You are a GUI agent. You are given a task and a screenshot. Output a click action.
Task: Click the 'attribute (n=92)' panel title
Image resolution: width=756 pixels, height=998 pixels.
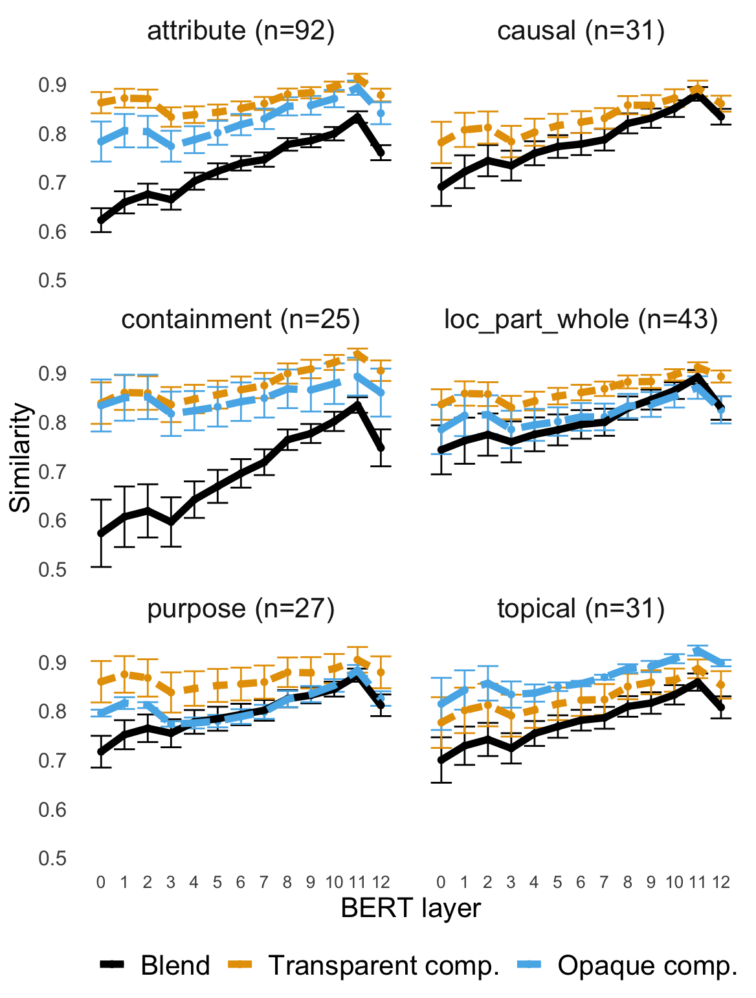pos(241,31)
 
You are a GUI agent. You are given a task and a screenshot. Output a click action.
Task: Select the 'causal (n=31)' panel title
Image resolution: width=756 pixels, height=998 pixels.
pos(581,31)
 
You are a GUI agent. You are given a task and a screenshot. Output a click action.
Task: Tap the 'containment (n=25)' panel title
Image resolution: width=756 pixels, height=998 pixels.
pos(241,319)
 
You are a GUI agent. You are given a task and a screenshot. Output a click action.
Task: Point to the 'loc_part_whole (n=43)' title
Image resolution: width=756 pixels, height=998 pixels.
pos(581,319)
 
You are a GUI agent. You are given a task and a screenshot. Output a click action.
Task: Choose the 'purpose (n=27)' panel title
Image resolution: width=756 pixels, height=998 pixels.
pos(241,608)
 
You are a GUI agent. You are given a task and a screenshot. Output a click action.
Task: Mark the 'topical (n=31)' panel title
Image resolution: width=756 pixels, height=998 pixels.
pos(581,608)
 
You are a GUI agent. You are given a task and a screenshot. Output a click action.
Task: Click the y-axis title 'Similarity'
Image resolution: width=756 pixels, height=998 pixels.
pos(21,457)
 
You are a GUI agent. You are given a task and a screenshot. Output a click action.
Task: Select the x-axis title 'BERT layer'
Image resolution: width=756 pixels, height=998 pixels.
pos(411,908)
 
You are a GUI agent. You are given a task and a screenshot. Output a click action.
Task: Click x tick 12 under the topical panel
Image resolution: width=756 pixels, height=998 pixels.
pos(721,882)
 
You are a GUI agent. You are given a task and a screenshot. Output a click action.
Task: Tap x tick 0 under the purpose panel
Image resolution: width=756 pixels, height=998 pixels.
pos(100,882)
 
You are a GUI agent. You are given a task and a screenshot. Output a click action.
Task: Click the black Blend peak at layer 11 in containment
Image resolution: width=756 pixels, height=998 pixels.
pos(357,405)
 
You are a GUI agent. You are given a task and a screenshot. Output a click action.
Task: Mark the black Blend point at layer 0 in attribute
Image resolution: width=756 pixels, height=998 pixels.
pos(101,220)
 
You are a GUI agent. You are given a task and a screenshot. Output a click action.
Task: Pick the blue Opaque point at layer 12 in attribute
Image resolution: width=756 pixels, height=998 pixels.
pos(381,113)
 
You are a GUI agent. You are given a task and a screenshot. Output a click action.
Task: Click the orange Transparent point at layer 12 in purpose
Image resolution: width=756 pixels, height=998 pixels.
pos(381,672)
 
